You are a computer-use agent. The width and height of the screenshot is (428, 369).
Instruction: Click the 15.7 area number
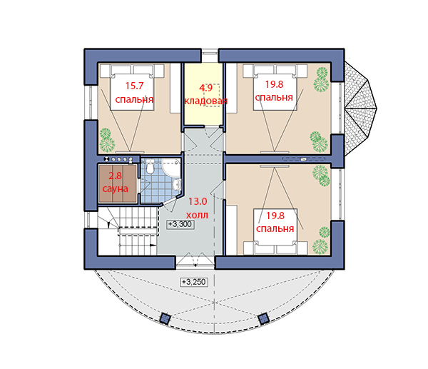pos(134,86)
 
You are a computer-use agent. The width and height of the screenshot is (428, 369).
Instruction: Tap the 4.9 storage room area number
pos(205,88)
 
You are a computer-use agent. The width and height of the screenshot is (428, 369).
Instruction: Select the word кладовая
pos(206,101)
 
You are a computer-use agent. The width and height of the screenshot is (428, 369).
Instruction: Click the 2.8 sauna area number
pos(115,176)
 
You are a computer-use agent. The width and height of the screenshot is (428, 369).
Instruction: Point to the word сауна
pos(115,188)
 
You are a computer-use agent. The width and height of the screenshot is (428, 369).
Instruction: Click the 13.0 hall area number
pos(198,201)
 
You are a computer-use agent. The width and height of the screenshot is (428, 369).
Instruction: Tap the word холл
pos(198,215)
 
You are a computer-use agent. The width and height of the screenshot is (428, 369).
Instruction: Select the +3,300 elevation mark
pos(180,225)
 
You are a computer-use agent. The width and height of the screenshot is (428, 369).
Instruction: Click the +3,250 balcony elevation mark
pos(194,282)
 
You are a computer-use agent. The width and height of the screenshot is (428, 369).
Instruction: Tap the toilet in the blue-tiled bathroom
pos(149,166)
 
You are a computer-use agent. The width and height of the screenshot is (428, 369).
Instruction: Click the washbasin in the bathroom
pos(177,184)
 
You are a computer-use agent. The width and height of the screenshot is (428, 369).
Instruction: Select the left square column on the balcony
pos(165,318)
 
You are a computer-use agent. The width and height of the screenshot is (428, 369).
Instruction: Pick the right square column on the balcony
pos(263,318)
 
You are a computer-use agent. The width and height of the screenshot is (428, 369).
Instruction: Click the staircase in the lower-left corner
pos(128,231)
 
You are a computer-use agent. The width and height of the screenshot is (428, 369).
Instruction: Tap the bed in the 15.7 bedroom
pos(133,87)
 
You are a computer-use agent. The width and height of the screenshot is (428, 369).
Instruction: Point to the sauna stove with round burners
pos(118,159)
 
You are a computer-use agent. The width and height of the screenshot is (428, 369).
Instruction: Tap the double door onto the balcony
pos(195,260)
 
